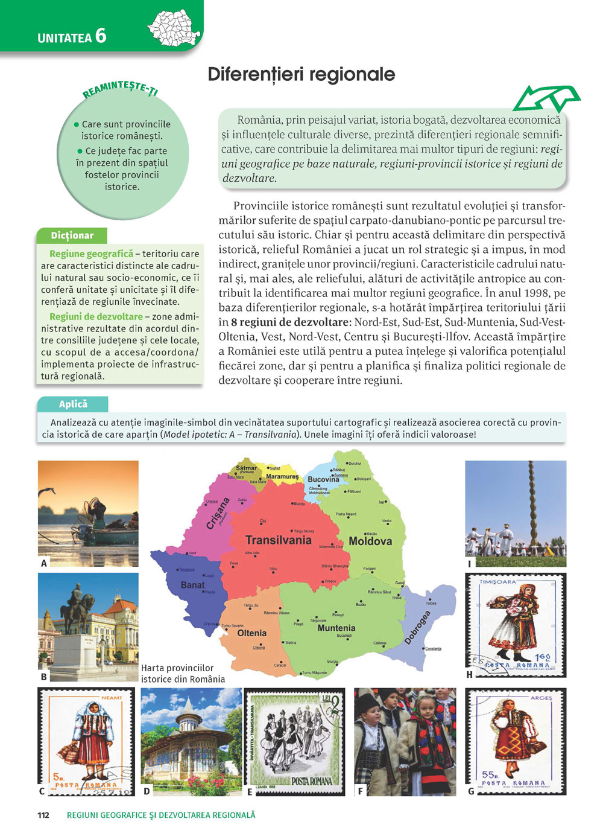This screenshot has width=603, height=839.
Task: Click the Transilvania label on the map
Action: (x=279, y=540)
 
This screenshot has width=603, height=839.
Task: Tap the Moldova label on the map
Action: (x=370, y=541)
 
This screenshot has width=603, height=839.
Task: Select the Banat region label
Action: (x=193, y=585)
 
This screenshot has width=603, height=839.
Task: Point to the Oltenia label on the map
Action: (x=252, y=633)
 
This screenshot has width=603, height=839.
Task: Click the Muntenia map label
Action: (x=336, y=628)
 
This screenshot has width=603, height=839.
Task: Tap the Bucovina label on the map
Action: (x=324, y=480)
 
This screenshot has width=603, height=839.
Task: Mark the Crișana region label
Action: (x=218, y=513)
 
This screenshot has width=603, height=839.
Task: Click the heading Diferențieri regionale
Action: (x=301, y=74)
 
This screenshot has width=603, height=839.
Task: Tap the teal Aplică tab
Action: (x=73, y=404)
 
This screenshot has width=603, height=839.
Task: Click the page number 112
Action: (x=43, y=815)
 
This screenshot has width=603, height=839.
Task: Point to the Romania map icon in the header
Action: (x=174, y=27)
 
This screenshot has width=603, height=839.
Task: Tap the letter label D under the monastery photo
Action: (x=147, y=791)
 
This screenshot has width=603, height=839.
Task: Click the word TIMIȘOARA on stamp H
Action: (x=498, y=582)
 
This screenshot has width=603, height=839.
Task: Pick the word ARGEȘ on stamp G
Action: (x=541, y=698)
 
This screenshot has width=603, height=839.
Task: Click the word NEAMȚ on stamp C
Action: (x=112, y=697)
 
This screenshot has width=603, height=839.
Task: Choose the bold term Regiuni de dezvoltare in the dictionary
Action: (x=96, y=316)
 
